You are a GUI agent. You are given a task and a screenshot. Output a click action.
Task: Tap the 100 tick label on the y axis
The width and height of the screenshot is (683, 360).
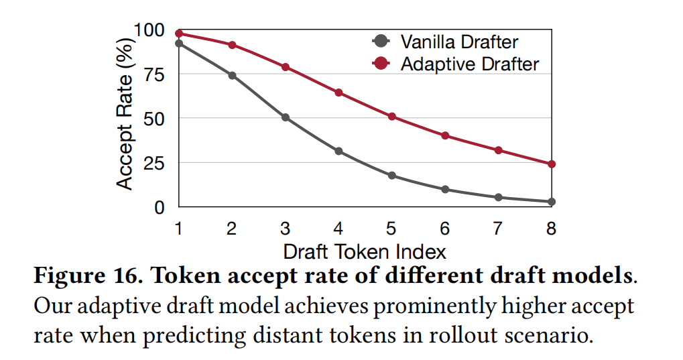click(x=149, y=30)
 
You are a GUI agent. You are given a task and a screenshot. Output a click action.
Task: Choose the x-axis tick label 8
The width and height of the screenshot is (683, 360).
click(x=551, y=229)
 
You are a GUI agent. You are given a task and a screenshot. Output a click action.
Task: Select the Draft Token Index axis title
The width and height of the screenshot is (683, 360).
click(x=365, y=252)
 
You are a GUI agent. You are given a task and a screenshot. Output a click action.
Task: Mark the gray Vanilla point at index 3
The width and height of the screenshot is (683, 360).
click(x=286, y=117)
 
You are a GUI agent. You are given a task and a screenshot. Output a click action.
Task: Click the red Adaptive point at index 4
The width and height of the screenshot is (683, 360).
click(x=338, y=93)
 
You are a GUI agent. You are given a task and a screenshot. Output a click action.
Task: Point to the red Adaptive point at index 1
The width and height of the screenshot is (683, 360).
click(x=179, y=34)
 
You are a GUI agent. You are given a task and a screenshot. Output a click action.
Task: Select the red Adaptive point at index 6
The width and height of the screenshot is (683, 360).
click(x=445, y=135)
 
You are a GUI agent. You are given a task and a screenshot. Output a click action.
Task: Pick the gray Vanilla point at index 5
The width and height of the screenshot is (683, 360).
click(x=392, y=176)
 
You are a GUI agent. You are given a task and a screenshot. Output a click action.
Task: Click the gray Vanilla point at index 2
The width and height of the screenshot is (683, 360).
click(x=232, y=75)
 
